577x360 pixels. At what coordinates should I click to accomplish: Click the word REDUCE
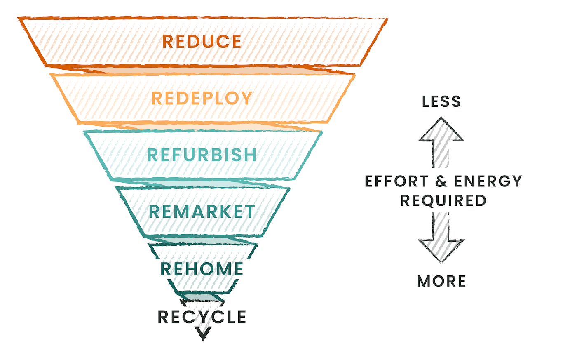(202, 42)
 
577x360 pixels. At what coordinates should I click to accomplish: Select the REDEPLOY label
(202, 98)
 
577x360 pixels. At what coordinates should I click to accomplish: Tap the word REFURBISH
(202, 155)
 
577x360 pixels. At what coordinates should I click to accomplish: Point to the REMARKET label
(202, 212)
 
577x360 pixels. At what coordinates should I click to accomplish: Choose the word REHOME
(202, 269)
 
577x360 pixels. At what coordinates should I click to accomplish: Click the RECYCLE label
(202, 317)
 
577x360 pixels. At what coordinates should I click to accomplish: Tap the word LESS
(441, 101)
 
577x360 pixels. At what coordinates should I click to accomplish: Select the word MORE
(441, 281)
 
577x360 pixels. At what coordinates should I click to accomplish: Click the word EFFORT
(391, 181)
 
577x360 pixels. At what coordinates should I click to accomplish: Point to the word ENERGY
(488, 181)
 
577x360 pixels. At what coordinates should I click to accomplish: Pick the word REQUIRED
(443, 201)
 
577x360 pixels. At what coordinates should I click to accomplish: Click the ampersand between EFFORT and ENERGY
(441, 181)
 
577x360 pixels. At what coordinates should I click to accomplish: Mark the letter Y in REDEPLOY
(246, 98)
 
